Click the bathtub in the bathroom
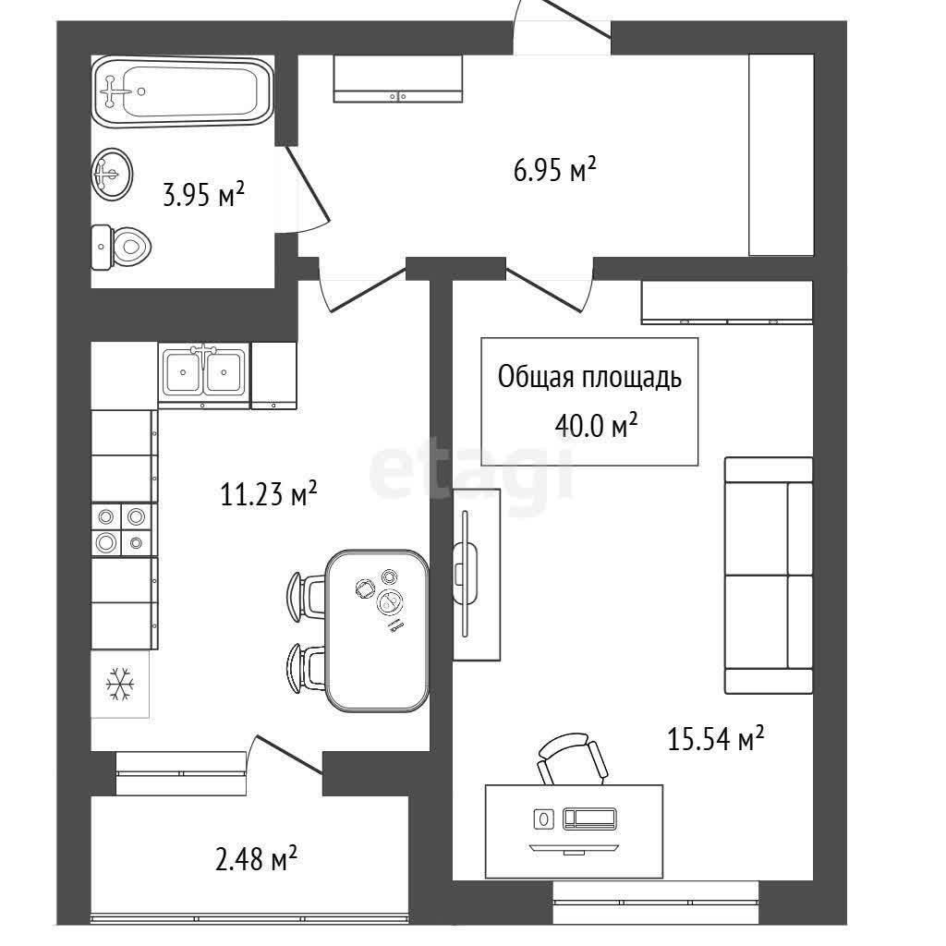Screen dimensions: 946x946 pyautogui.click(x=184, y=91)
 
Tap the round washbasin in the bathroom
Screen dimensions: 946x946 pyautogui.click(x=112, y=174)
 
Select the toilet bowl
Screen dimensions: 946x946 pyautogui.click(x=121, y=247)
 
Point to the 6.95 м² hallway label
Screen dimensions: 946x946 pyautogui.click(x=554, y=170)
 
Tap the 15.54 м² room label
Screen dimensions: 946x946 pyautogui.click(x=716, y=738)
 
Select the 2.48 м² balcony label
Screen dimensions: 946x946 pyautogui.click(x=256, y=858)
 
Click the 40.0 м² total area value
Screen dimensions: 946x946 pyautogui.click(x=596, y=426)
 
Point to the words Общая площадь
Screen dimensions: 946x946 pyautogui.click(x=589, y=378)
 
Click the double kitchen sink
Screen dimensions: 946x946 pyautogui.click(x=203, y=373)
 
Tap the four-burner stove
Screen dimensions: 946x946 pyautogui.click(x=123, y=529)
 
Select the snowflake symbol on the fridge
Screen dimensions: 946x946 pyautogui.click(x=119, y=685)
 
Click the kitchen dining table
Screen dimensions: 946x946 pyautogui.click(x=377, y=630)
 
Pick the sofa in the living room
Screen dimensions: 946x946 pyautogui.click(x=769, y=575)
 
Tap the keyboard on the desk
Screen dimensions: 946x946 pyautogui.click(x=589, y=819)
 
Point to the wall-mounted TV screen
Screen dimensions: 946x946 pyautogui.click(x=466, y=573)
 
